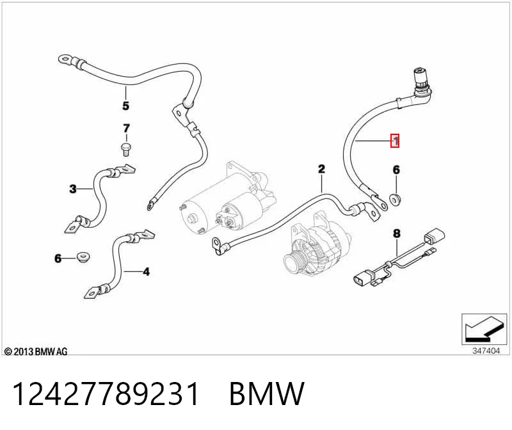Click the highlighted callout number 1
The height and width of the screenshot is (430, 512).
(x=395, y=141)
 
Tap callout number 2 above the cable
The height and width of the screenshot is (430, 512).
(x=322, y=169)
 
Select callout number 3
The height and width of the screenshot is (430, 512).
(x=73, y=188)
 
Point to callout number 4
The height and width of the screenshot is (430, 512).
(x=147, y=272)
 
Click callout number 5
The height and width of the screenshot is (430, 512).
(x=125, y=106)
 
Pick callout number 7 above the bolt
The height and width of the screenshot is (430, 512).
(x=126, y=128)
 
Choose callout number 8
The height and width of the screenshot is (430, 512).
(x=397, y=234)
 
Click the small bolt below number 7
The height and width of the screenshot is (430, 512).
(x=125, y=150)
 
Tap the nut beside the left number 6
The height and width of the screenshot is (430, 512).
(x=84, y=257)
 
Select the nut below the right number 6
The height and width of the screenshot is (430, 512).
(x=396, y=199)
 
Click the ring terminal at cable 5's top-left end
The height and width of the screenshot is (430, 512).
(x=66, y=60)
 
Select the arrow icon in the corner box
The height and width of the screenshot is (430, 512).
(x=484, y=329)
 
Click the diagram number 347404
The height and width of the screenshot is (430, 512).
(x=486, y=351)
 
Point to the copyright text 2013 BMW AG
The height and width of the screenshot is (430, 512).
(x=36, y=351)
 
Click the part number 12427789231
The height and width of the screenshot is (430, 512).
(x=106, y=394)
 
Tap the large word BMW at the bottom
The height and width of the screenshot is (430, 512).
(x=267, y=394)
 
